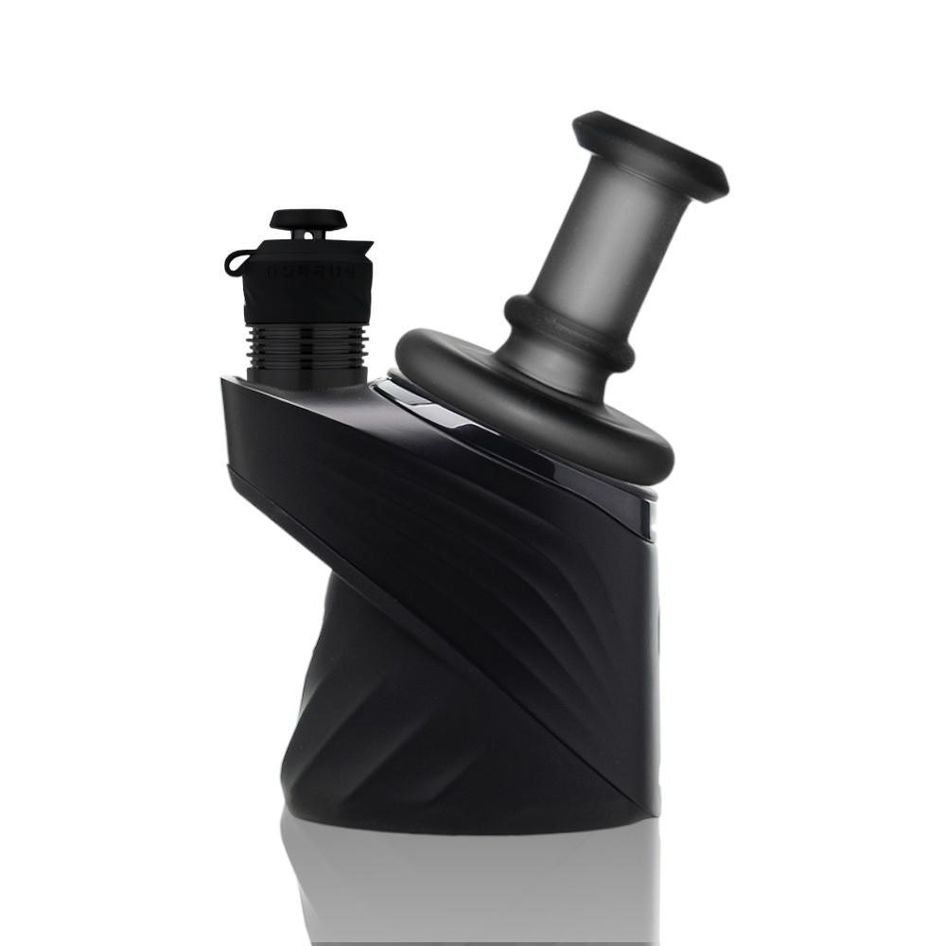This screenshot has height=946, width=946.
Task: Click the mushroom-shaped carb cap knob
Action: (307, 219)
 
